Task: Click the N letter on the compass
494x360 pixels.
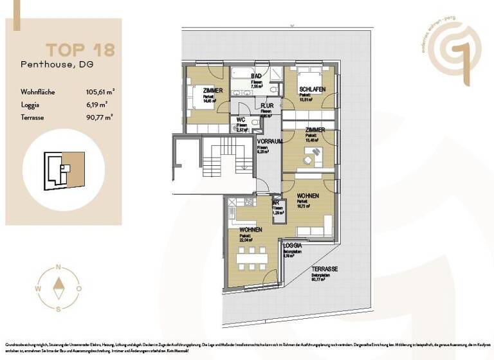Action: coord(59,267)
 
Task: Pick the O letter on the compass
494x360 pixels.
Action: coord(78,289)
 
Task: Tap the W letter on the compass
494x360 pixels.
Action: coord(38,289)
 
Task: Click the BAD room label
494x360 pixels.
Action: coord(256,76)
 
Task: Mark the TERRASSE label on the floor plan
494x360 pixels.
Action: coord(325,269)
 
